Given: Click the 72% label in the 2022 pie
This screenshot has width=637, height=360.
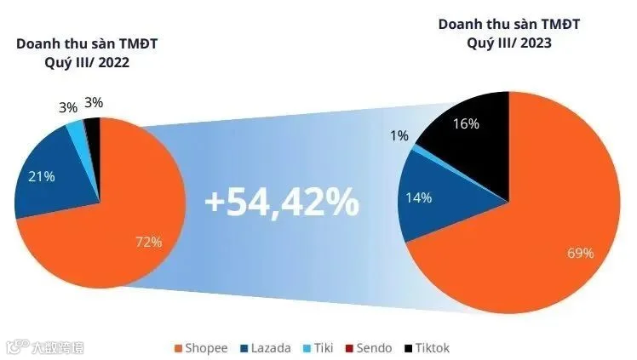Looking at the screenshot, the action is coord(149,243).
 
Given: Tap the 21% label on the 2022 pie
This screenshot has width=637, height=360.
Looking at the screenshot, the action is coord(42,176).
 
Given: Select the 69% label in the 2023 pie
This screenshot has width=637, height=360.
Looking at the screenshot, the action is coord(581,254).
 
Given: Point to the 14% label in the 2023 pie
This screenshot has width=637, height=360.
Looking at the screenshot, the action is coord(418,197).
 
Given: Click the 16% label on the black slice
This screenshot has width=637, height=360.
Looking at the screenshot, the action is coord(466,123).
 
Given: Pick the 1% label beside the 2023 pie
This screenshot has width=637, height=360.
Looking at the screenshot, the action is coord(399,135).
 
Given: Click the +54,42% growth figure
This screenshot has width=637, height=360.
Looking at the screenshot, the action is coord(282,202).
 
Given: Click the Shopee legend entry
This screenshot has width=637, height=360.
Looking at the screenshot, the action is coord(201,348).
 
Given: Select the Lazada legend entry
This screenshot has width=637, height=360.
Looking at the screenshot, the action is coord(266,348).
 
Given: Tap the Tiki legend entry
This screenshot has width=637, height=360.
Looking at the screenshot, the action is coord(318,348).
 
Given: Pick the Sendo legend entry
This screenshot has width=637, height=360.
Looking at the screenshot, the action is coord(369,348).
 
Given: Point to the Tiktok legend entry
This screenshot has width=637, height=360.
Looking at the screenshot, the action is coord(427,348).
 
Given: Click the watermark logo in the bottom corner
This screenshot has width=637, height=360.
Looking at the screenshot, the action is coord(45,347).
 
